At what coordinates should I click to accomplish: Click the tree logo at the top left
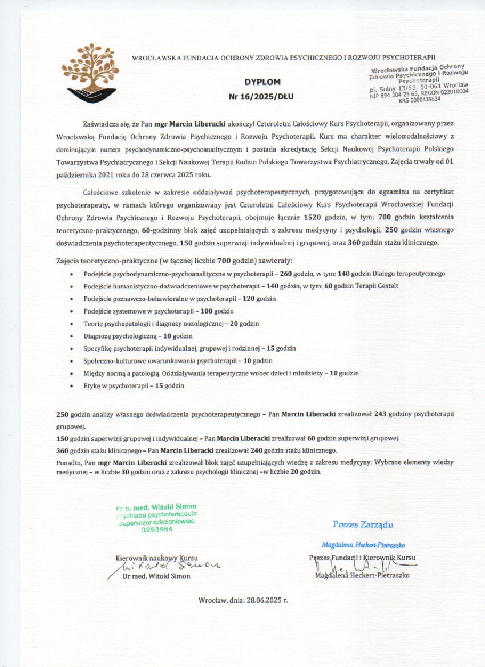pos(92,71)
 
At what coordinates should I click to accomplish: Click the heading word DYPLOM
pos(260,82)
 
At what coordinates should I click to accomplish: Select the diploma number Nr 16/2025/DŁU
pos(260,96)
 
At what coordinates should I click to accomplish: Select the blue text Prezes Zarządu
pos(363,524)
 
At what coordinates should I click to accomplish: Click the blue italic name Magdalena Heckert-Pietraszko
pos(362,545)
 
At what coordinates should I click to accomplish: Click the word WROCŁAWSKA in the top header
pos(153,58)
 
